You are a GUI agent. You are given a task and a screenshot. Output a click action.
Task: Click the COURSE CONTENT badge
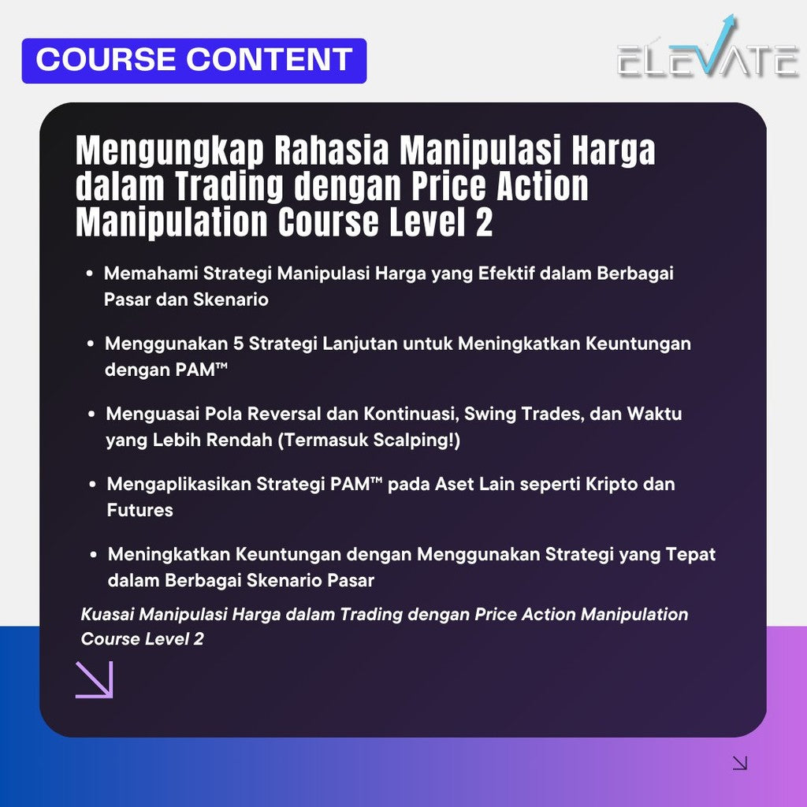coord(194,61)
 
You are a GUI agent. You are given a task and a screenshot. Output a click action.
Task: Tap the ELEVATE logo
coord(708,58)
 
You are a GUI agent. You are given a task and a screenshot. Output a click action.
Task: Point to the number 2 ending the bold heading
coord(483,223)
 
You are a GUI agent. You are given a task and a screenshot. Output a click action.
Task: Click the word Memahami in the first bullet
coord(151,273)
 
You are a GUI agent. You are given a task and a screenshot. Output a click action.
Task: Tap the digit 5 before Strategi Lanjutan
coord(239,344)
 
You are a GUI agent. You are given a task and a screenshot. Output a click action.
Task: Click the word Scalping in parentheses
coord(420,440)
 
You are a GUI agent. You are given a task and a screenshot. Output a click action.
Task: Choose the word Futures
coord(139,510)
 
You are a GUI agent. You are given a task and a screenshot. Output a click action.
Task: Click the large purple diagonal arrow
coord(95,679)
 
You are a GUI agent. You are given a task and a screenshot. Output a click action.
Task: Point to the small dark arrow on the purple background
coord(739,762)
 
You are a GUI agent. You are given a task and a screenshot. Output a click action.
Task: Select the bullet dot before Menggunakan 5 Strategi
coord(91,344)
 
